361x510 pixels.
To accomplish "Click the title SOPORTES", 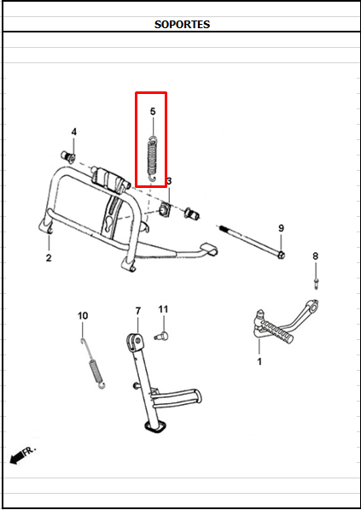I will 182,24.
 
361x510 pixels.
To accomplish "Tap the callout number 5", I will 153,112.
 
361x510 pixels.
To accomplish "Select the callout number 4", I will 73,132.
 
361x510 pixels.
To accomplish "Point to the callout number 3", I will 169,181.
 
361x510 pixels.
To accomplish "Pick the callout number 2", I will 49,257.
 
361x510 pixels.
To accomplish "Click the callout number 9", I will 280,228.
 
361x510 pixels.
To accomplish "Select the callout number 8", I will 315,255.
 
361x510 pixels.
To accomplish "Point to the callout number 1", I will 259,361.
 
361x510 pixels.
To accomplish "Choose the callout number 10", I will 83,316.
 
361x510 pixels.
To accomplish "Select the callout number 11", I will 163,308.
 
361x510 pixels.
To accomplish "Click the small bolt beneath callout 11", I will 160,336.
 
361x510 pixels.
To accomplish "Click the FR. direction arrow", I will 20,454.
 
